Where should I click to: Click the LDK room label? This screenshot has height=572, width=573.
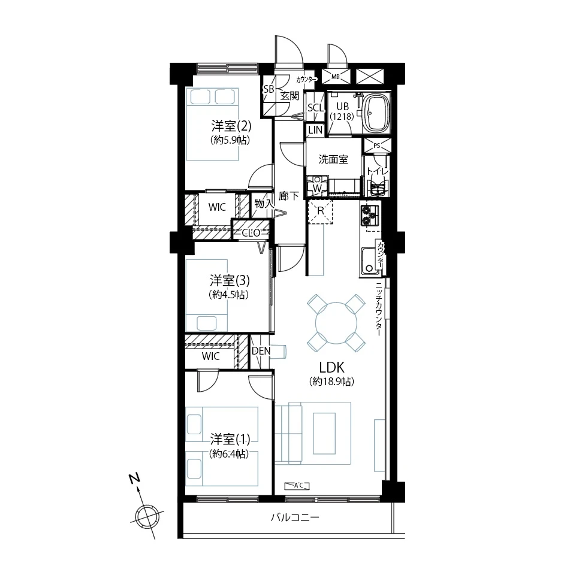[332, 367]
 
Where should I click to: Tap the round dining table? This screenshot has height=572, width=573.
[336, 323]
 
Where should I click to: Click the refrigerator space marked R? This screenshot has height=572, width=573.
[321, 211]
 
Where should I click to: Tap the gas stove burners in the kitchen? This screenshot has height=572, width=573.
[370, 215]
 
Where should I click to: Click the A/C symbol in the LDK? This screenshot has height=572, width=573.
[297, 485]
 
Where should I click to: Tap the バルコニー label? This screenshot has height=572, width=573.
[295, 517]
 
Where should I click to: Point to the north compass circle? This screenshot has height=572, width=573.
[147, 517]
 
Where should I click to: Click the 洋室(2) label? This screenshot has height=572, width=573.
[231, 126]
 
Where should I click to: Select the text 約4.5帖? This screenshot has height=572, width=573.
[229, 295]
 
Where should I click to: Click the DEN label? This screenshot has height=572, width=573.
[261, 351]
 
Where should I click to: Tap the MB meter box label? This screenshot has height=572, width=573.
[336, 77]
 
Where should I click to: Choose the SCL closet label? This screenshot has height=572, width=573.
[315, 108]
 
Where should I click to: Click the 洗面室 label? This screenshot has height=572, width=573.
[333, 159]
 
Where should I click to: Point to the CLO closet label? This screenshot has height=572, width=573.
[251, 232]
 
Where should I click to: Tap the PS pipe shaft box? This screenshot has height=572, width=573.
[377, 146]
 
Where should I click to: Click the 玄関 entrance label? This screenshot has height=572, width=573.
[289, 96]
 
